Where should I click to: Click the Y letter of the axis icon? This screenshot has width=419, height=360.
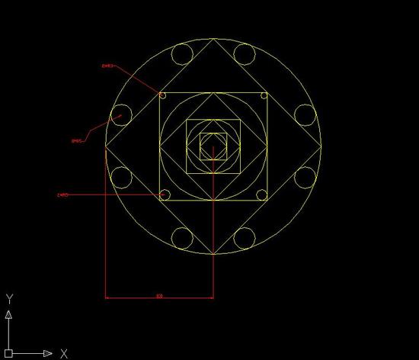pos(8,298)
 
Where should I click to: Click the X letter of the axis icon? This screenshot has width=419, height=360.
pos(65,353)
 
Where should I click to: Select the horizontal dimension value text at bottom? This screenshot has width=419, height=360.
pos(158,294)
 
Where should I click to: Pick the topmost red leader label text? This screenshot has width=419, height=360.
pos(107,66)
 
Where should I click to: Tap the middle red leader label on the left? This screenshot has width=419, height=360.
pos(76,141)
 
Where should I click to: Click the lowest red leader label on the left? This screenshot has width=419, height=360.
pos(63,195)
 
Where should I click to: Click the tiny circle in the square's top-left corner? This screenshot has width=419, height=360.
pos(162,95)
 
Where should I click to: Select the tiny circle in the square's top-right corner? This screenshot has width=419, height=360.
pos(264,95)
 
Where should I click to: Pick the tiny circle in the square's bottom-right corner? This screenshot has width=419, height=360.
pos(264,195)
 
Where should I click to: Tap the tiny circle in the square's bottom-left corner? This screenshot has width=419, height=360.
pos(163,195)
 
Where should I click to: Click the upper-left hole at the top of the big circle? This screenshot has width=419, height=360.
pos(182,54)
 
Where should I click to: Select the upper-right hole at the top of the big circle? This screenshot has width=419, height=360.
pos(244,54)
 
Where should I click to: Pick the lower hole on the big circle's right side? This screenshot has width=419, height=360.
pos(305,177)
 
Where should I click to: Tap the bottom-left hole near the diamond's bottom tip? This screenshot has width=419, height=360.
pos(182,238)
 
